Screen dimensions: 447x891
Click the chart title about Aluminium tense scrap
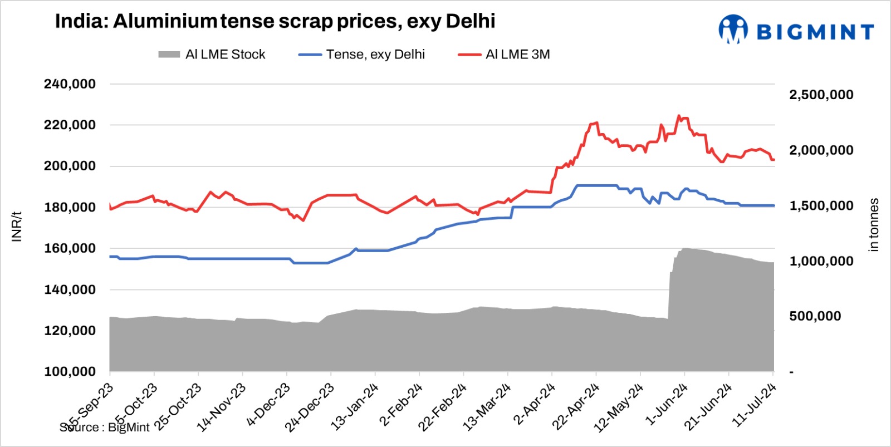(275, 22)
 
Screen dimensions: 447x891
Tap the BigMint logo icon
(733, 29)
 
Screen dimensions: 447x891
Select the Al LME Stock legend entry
(212, 55)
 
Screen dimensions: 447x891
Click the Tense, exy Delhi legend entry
(363, 55)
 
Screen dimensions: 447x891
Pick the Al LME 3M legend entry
(505, 55)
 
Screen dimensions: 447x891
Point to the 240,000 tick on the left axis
(70, 84)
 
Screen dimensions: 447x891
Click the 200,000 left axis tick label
(70, 166)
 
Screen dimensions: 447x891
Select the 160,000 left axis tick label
(70, 248)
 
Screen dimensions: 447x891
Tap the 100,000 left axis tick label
(70, 371)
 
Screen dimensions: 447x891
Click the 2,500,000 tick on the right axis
(821, 95)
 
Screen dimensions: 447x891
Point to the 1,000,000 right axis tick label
(821, 261)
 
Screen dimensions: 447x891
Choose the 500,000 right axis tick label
(815, 316)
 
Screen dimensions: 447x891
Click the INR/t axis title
(17, 226)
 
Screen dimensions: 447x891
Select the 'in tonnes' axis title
(874, 225)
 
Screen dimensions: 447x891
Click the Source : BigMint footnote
(105, 428)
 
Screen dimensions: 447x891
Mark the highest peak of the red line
(678, 116)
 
